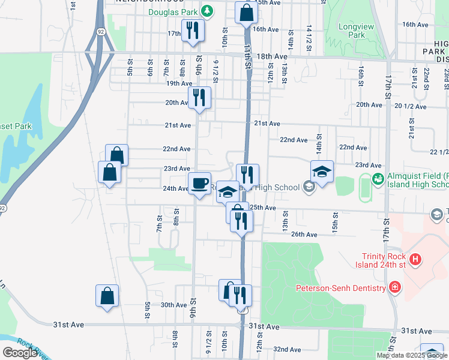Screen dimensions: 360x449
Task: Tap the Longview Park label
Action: click(x=352, y=31)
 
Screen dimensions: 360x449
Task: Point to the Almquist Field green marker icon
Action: click(x=378, y=178)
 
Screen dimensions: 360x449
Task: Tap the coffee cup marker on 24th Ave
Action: click(x=199, y=182)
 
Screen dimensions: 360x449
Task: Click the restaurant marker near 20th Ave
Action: click(x=199, y=97)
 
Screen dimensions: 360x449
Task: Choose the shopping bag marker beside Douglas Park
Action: click(x=246, y=12)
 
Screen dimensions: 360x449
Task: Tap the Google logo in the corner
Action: click(x=20, y=352)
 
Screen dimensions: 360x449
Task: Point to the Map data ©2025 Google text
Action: click(x=412, y=355)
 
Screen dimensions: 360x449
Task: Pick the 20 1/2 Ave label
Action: click(x=411, y=107)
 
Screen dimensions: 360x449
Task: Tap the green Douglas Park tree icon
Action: click(x=207, y=10)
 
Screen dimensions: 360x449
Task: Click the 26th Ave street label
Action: click(x=304, y=235)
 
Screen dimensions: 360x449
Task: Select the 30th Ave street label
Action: click(x=174, y=305)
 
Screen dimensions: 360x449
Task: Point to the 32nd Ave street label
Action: click(x=286, y=349)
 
